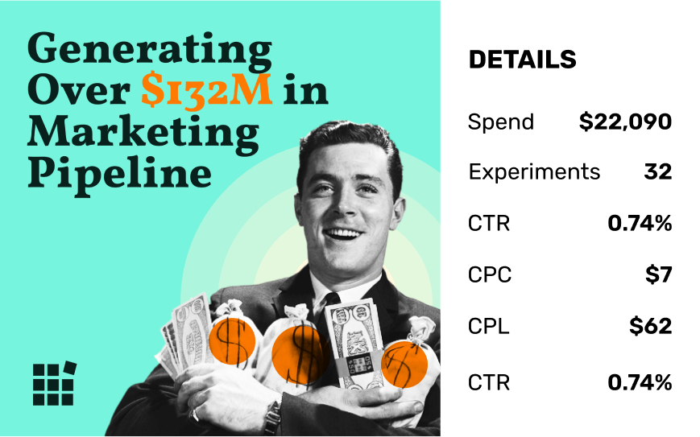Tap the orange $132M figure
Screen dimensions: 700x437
pyautogui.click(x=207, y=91)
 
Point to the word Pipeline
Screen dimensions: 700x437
pyautogui.click(x=120, y=175)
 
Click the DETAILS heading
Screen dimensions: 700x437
pyautogui.click(x=522, y=60)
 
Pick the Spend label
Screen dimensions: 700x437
pyautogui.click(x=501, y=122)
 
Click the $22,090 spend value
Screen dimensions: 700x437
pyautogui.click(x=625, y=122)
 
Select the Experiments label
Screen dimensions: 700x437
pyautogui.click(x=534, y=172)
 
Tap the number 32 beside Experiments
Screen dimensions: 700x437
pyautogui.click(x=658, y=171)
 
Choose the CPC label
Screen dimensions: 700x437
pyautogui.click(x=490, y=274)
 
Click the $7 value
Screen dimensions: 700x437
pyautogui.click(x=658, y=274)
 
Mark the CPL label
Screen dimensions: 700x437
pyautogui.click(x=488, y=327)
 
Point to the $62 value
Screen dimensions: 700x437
pyautogui.click(x=650, y=326)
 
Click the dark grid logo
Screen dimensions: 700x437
pyautogui.click(x=54, y=383)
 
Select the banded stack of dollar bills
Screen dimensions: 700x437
pyautogui.click(x=354, y=343)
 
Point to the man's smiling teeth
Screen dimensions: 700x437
pyautogui.click(x=343, y=233)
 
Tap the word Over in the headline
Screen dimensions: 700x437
pyautogui.click(x=79, y=91)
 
